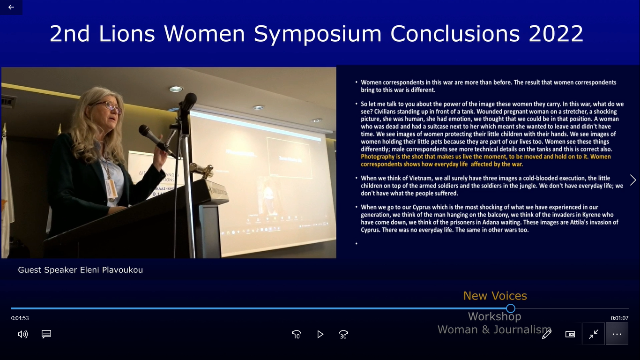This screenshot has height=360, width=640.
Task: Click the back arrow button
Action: point(11,7)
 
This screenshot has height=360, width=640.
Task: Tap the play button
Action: point(320,334)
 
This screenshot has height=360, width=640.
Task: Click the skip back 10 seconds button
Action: point(297,334)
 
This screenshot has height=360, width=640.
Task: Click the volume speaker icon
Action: point(23,334)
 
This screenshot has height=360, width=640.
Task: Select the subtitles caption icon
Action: point(46,334)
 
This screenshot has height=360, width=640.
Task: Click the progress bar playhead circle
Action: point(511,308)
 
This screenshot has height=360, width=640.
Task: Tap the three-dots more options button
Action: point(617,334)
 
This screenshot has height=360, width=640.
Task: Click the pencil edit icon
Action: point(547,334)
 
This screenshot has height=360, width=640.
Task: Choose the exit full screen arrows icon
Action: point(594,334)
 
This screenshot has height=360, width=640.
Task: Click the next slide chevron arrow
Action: point(633,180)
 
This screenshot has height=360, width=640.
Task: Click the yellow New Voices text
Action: point(495,296)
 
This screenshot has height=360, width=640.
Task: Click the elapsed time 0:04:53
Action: point(20,318)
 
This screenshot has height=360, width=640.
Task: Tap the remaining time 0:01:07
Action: point(619,318)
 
